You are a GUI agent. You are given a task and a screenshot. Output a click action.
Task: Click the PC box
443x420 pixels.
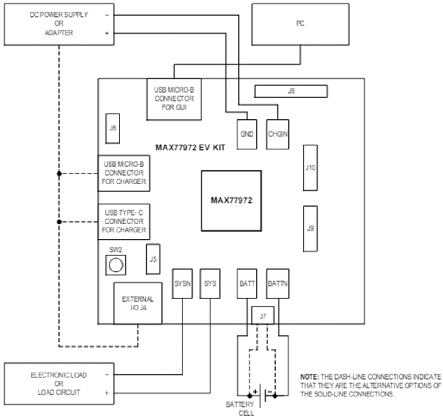coord(300,24)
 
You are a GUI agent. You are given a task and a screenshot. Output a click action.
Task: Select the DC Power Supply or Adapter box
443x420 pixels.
coord(59,24)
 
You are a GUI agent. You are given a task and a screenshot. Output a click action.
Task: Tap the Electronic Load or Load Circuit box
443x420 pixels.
coord(59,384)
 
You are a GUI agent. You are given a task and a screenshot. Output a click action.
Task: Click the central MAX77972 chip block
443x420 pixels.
coord(231,200)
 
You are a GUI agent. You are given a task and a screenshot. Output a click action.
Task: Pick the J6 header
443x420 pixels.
coord(291,91)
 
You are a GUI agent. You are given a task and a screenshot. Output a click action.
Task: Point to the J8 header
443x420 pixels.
coord(113,128)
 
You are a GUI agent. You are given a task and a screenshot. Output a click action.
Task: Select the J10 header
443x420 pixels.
coord(310,168)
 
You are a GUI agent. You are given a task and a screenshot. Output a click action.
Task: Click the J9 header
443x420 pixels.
coord(310,228)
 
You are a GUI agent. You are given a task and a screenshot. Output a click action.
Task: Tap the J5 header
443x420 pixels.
coord(153,259)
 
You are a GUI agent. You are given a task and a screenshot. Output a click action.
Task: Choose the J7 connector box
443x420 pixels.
coord(263,316)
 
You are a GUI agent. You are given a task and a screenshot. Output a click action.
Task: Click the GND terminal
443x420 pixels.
coord(246,134)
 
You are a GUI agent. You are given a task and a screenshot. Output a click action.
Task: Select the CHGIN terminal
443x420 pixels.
coord(278,134)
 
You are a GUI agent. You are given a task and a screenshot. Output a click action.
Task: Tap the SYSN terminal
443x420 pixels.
coord(183,283)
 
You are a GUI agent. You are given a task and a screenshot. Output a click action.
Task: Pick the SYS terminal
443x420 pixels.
coord(210,283)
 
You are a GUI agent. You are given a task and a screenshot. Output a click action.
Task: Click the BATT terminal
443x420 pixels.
coord(247,283)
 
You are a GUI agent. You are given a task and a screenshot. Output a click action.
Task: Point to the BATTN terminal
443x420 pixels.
coord(278,283)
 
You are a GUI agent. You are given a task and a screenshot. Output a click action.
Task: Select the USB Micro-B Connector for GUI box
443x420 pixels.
coord(174,99)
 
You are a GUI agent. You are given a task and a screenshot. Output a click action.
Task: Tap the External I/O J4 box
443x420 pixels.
coord(138,303)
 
